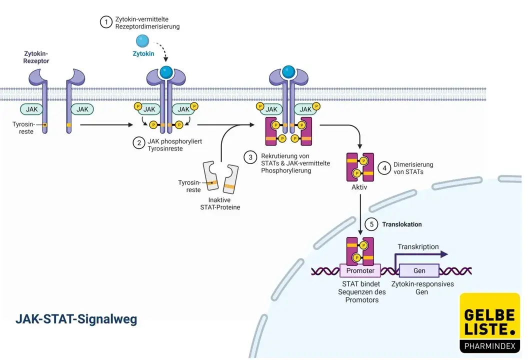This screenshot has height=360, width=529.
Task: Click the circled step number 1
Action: (x=105, y=22)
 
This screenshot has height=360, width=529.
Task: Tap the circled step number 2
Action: (x=138, y=142)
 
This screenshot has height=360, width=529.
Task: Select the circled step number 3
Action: (x=250, y=157)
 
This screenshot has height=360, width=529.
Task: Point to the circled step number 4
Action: (x=384, y=168)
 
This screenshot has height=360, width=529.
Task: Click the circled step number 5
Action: (x=371, y=224)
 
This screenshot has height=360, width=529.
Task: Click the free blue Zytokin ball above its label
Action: (x=143, y=40)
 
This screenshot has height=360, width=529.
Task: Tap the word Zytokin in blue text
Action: (x=143, y=53)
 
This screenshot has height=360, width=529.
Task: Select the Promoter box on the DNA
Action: (x=360, y=270)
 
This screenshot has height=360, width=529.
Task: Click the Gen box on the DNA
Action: (x=419, y=270)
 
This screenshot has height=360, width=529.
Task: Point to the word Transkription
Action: (x=418, y=246)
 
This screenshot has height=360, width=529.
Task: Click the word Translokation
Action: (x=402, y=224)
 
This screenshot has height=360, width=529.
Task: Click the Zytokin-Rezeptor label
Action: (x=36, y=57)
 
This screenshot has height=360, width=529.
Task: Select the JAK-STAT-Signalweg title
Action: (x=76, y=319)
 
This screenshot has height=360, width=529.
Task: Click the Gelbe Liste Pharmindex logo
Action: (x=489, y=322)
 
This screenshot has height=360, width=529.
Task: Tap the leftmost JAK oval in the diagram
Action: (x=32, y=108)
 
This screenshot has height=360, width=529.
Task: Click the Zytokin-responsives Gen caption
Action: (x=422, y=287)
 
